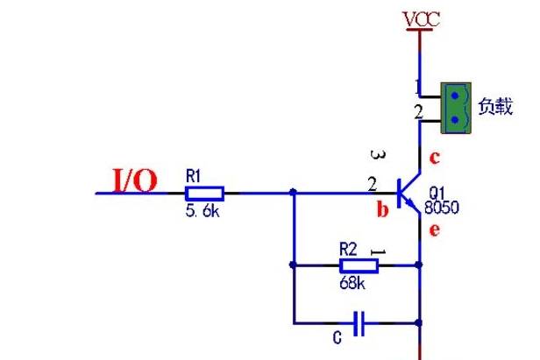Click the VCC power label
[x=422, y=19]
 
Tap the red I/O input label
[x=135, y=180]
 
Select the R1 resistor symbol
[x=204, y=194]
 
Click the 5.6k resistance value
[x=202, y=210]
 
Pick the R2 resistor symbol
[x=359, y=265]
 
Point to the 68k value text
[x=352, y=283]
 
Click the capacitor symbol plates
[x=359, y=323]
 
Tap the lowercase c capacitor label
[x=337, y=338]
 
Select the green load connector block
[x=456, y=108]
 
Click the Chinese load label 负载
[x=495, y=106]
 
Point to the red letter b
[x=382, y=209]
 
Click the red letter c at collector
[x=435, y=158]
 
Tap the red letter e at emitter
[x=435, y=229]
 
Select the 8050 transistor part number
[x=442, y=208]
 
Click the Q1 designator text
[x=437, y=193]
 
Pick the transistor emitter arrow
[x=411, y=204]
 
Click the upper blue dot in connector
[x=455, y=95]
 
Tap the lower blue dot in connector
[x=455, y=120]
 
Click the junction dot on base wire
[x=293, y=192]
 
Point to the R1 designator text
[x=193, y=176]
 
